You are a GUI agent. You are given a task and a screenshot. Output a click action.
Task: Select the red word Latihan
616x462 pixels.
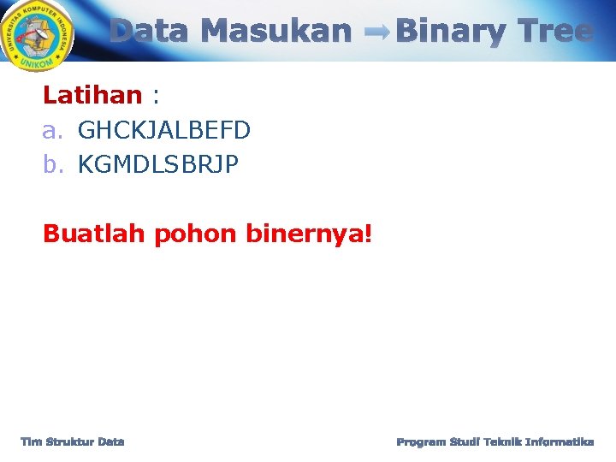coord(92,95)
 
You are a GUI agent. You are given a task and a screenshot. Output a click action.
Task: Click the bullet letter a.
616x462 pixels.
coord(53,131)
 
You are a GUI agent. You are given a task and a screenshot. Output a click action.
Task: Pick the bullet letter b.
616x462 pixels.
coord(53,164)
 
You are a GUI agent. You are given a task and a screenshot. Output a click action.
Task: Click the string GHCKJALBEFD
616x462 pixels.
coord(163,130)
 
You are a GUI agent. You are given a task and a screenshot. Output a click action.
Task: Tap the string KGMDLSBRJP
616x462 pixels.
coord(158,164)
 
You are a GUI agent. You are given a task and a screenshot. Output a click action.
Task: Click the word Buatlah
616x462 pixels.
coord(95,233)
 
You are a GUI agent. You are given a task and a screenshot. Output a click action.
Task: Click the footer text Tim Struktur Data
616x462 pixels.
coord(73,441)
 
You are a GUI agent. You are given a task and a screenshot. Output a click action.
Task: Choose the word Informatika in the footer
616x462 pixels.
coord(560,441)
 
